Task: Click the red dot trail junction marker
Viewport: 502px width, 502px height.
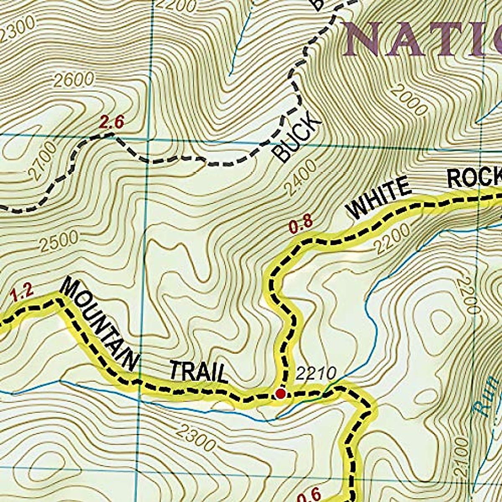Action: point(280,394)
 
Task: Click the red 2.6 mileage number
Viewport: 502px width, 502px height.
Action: point(112,123)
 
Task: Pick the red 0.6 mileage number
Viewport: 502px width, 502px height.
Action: point(309,494)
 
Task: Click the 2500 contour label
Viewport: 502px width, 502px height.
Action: point(59,241)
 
